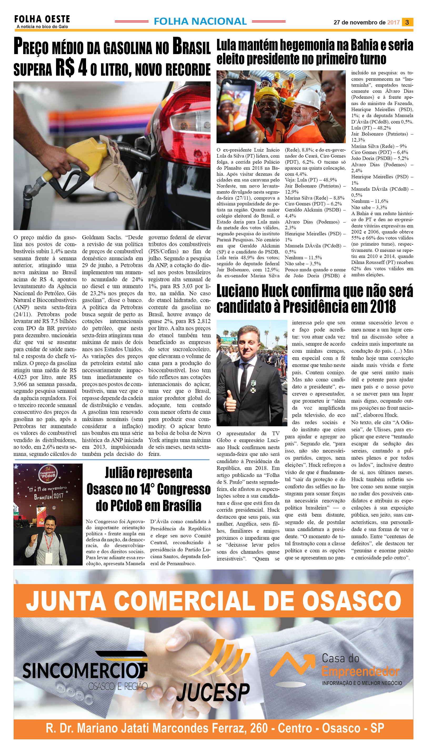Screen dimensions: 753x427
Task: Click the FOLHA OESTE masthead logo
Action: tap(42, 19)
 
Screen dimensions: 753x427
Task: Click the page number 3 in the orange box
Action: tap(407, 22)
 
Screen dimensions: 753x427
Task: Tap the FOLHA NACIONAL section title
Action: tap(200, 21)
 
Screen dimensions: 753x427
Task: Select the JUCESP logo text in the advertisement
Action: tap(213, 692)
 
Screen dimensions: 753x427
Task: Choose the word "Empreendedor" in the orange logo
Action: tap(360, 672)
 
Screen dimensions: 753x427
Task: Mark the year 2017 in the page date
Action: tap(393, 23)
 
